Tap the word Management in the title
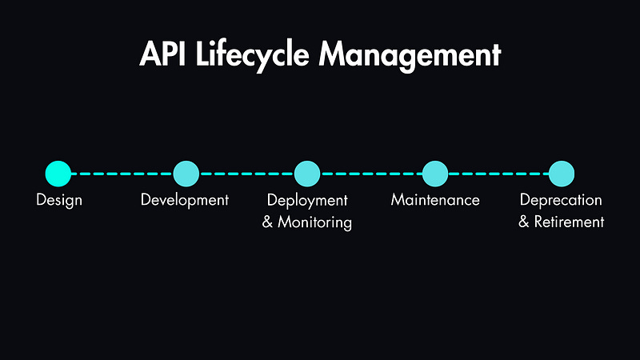coord(410,54)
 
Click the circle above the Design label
coord(58,173)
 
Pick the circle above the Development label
coord(186,173)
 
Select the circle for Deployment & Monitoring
coord(307,173)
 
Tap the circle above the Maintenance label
coord(434,173)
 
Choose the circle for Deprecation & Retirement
coord(562,173)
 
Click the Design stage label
coord(59,200)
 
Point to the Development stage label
coord(185,200)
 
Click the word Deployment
coord(307,200)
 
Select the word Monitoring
coord(314,222)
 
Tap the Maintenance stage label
coord(435,200)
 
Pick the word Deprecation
coord(561,200)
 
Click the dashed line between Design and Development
coord(122,173)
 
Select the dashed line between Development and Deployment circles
coord(246,173)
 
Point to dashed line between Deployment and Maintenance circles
coord(370,173)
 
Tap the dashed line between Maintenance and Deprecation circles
coord(498,173)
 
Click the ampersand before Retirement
coord(524,222)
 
